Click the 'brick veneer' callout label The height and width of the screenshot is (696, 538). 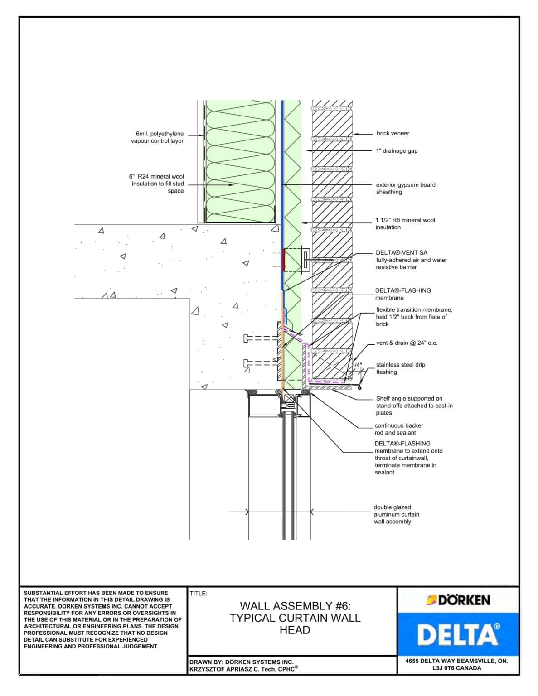(x=393, y=133)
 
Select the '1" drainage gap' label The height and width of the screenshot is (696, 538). (x=397, y=151)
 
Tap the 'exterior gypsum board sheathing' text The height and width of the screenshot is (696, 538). (x=405, y=188)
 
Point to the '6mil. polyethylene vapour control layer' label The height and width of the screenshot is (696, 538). (x=157, y=137)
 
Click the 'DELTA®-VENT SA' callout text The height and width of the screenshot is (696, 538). (x=401, y=253)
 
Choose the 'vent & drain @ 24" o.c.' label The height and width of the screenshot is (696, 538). (x=407, y=343)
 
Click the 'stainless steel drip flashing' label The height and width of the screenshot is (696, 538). (x=400, y=368)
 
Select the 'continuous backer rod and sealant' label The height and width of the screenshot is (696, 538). (x=398, y=429)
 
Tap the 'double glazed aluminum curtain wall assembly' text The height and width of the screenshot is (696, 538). (x=396, y=514)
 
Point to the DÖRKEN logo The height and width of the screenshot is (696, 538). (x=458, y=600)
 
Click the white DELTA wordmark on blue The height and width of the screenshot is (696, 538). (x=458, y=634)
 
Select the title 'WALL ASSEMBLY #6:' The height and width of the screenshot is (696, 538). (x=295, y=606)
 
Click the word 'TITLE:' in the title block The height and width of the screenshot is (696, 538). (x=199, y=593)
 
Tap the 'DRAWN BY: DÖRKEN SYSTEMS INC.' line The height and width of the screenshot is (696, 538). (x=241, y=662)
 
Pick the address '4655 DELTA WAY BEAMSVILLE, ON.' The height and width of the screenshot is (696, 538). (x=456, y=661)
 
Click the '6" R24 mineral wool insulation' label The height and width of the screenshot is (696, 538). (x=157, y=184)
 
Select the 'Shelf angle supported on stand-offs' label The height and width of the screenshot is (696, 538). (x=414, y=406)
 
